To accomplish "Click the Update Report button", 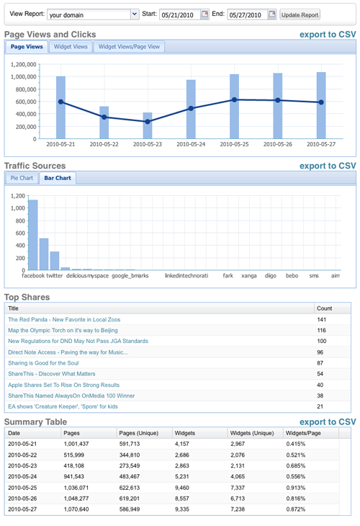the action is (300, 14).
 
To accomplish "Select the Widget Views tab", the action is (71, 47).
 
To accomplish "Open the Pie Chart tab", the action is (22, 178).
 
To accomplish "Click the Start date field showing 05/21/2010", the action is (180, 14).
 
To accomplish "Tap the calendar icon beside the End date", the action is (272, 14).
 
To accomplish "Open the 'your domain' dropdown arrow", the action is (135, 14).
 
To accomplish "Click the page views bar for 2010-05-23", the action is (148, 125).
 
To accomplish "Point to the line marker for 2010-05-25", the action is (234, 100).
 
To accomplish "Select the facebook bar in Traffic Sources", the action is (33, 235).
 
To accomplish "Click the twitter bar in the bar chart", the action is (44, 254).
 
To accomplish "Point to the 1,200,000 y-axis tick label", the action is (23, 64).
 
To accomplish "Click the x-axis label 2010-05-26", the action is (277, 144).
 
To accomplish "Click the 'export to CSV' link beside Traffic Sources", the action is (328, 166).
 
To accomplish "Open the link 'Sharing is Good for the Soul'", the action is (43, 363).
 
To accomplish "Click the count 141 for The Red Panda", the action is (321, 320).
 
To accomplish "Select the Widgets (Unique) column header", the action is (252, 433).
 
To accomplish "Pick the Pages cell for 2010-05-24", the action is (73, 476).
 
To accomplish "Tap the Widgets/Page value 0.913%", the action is (296, 488).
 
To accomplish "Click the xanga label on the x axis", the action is (248, 276).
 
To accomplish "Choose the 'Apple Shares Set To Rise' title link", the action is (63, 385).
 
